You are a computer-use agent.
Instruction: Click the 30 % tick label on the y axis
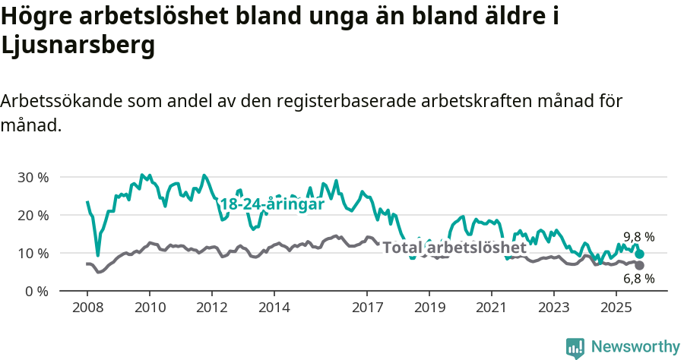32,177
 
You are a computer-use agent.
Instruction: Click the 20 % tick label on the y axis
32,215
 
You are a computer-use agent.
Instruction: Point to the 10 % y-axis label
32,253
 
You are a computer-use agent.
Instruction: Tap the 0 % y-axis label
36,291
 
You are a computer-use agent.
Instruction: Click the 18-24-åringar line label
272,204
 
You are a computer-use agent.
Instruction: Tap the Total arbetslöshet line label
454,248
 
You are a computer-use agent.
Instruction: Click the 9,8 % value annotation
638,237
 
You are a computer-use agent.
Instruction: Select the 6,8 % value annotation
638,279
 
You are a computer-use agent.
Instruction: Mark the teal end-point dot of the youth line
640,254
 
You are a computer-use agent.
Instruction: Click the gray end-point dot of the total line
640,265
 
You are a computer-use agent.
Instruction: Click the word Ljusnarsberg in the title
78,46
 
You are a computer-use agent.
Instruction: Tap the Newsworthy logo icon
575,347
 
